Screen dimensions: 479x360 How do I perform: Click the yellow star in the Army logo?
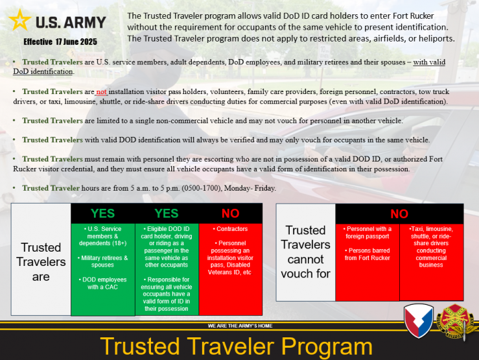[x=20, y=20]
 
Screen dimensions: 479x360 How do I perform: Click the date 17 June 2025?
[x=76, y=42]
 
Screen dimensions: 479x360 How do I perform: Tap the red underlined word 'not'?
[x=101, y=91]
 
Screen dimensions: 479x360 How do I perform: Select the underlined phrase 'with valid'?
[x=429, y=62]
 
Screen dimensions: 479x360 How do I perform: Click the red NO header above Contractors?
[x=230, y=213]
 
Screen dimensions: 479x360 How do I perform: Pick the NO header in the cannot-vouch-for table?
[x=399, y=214]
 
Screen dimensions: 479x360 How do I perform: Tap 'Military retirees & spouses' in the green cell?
[x=102, y=261]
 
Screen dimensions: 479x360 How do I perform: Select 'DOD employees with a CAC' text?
[x=102, y=283]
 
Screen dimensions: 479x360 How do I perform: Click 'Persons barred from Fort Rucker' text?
[x=368, y=254]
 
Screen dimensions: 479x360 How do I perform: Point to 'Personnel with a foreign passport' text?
[x=368, y=233]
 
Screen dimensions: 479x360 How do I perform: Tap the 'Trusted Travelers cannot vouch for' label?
[x=305, y=252]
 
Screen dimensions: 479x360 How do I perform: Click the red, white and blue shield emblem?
[x=419, y=320]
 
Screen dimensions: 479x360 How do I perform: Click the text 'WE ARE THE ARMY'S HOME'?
[x=240, y=326]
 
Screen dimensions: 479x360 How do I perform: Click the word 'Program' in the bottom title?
[x=327, y=346]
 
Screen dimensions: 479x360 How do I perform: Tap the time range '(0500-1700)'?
[x=202, y=188]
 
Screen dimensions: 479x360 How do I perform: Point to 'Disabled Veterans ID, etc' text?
[x=230, y=269]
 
